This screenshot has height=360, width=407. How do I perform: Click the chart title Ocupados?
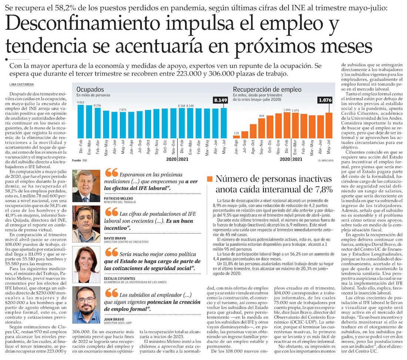[x=90, y=89]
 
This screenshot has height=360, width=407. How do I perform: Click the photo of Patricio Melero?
[x=86, y=186]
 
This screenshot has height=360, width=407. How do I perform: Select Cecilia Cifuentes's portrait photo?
[x=86, y=264]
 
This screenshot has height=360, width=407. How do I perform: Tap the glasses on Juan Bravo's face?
[x=86, y=300]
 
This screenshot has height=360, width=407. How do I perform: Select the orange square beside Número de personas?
[x=210, y=179]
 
